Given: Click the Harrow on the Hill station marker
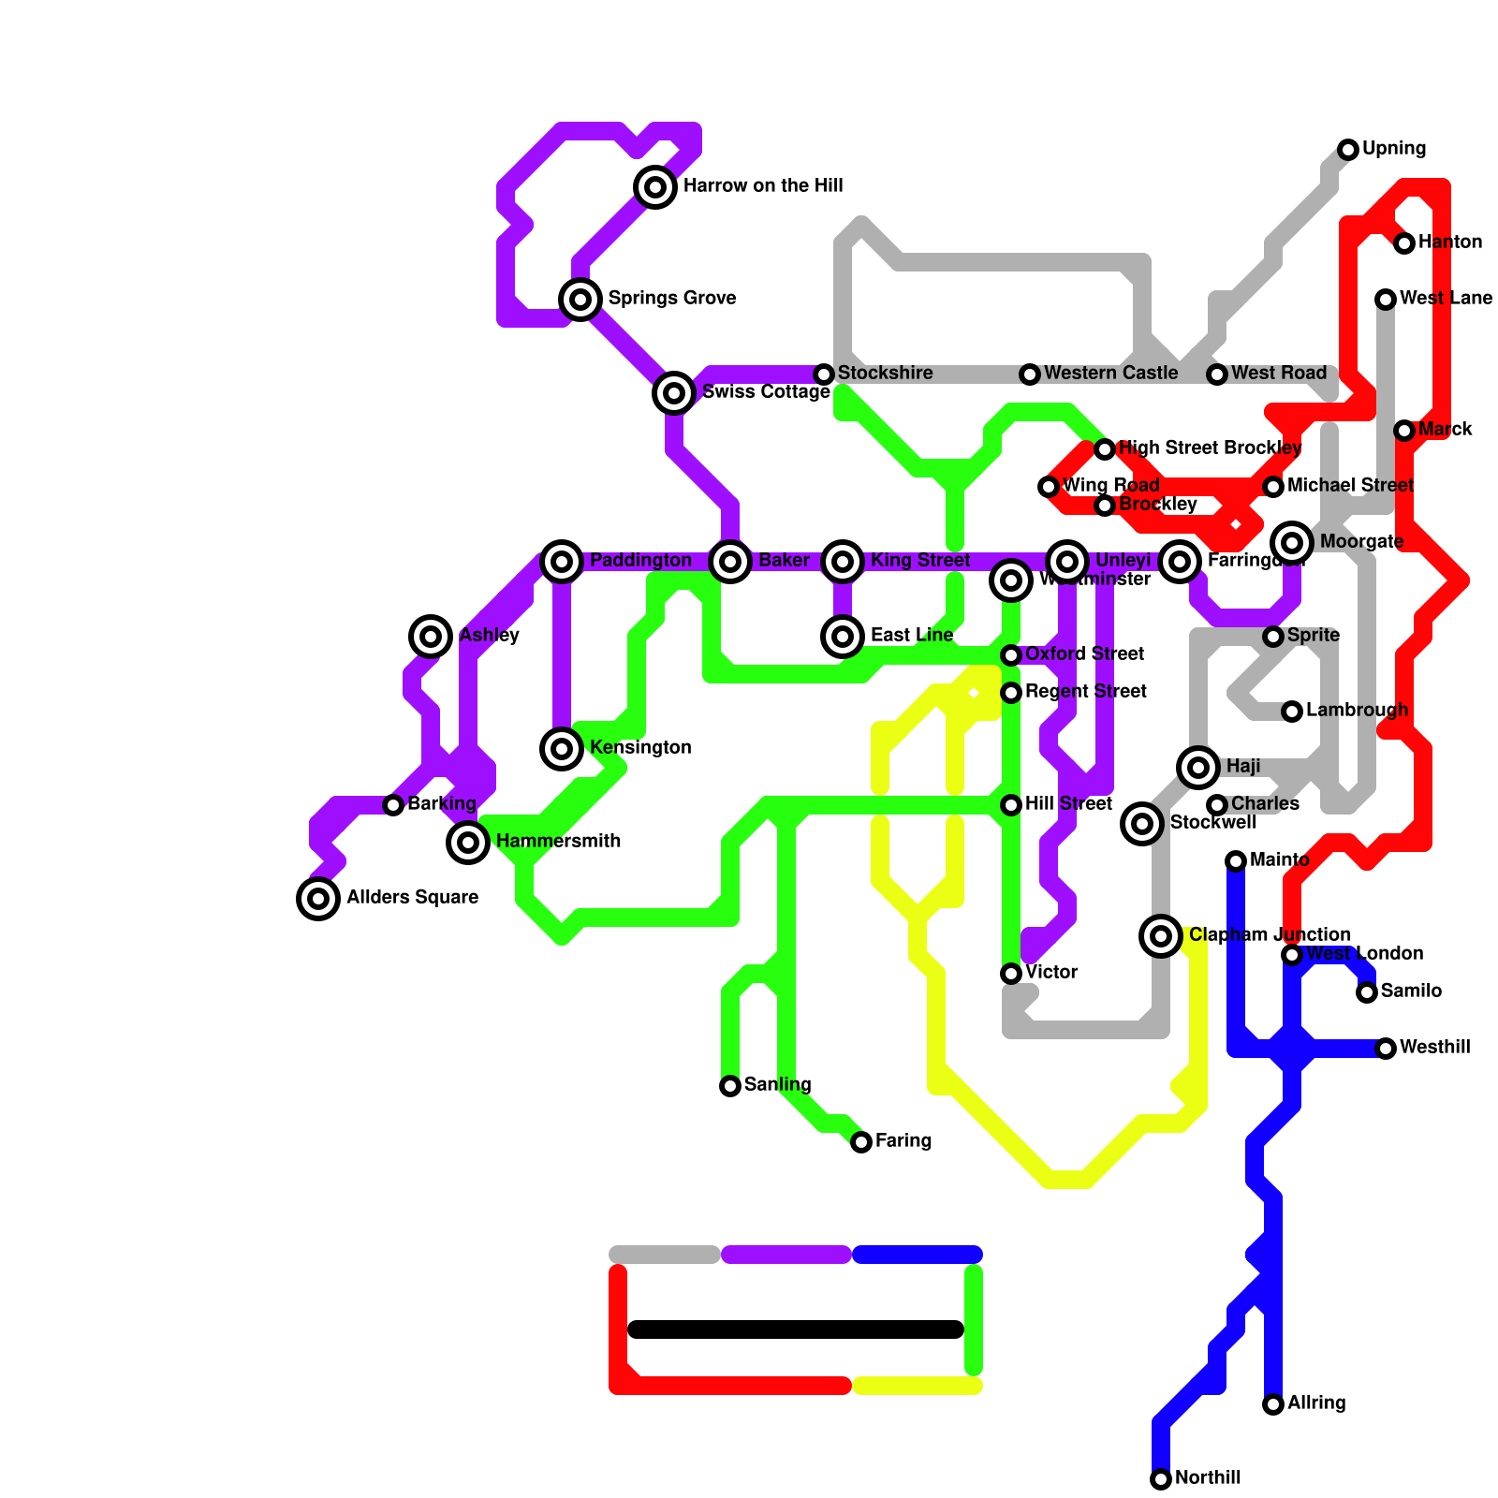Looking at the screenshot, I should pyautogui.click(x=655, y=187).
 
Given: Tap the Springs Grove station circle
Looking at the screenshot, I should pyautogui.click(x=580, y=300).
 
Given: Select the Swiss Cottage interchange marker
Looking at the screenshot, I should pyautogui.click(x=674, y=393).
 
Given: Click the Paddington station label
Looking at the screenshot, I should pyautogui.click(x=640, y=561).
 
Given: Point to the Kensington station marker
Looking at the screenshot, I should pyautogui.click(x=562, y=749).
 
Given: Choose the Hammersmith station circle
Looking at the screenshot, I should pyautogui.click(x=468, y=843).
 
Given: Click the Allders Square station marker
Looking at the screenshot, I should pyautogui.click(x=318, y=899).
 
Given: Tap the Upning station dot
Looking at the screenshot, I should pyautogui.click(x=1348, y=150).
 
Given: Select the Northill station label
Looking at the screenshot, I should pyautogui.click(x=1208, y=1478).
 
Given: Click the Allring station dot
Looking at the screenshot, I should pyautogui.click(x=1273, y=1404).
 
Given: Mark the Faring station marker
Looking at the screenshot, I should pyautogui.click(x=861, y=1142).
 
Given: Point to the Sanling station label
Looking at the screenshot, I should pyautogui.click(x=777, y=1085).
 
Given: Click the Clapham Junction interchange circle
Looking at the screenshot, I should pyautogui.click(x=1161, y=936).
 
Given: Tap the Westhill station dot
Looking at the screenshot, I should pyautogui.click(x=1386, y=1049).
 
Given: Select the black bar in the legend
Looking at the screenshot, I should pyautogui.click(x=796, y=1329).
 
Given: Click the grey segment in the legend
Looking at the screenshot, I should pyautogui.click(x=665, y=1255).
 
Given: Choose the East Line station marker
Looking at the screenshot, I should pyautogui.click(x=843, y=637).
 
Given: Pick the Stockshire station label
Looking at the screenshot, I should pyautogui.click(x=885, y=374).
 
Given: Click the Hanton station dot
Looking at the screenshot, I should pyautogui.click(x=1404, y=243).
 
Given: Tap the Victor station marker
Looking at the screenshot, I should pyautogui.click(x=1011, y=974).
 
